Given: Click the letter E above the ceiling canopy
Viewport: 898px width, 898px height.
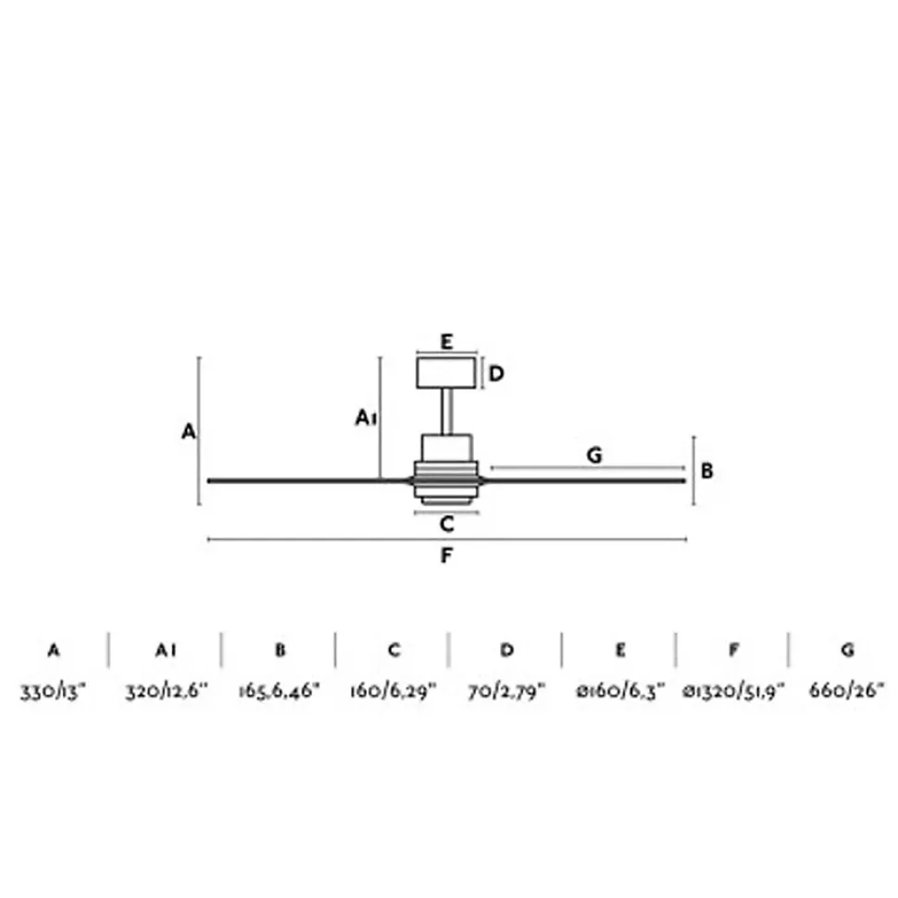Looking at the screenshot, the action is click(x=447, y=342).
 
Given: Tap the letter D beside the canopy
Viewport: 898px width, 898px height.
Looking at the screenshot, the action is click(x=496, y=373).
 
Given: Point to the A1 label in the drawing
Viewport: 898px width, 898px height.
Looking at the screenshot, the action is click(x=366, y=418).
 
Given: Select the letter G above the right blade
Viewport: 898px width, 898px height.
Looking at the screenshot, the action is click(x=594, y=455).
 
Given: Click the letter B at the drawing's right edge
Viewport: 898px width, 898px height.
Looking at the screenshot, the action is click(x=706, y=471).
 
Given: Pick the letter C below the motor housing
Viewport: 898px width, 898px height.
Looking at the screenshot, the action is click(x=447, y=523).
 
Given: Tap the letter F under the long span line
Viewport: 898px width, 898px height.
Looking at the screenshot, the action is click(x=447, y=555).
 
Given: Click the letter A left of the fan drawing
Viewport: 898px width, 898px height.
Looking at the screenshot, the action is click(x=189, y=431).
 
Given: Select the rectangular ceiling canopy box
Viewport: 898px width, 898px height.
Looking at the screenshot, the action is click(x=446, y=373).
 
